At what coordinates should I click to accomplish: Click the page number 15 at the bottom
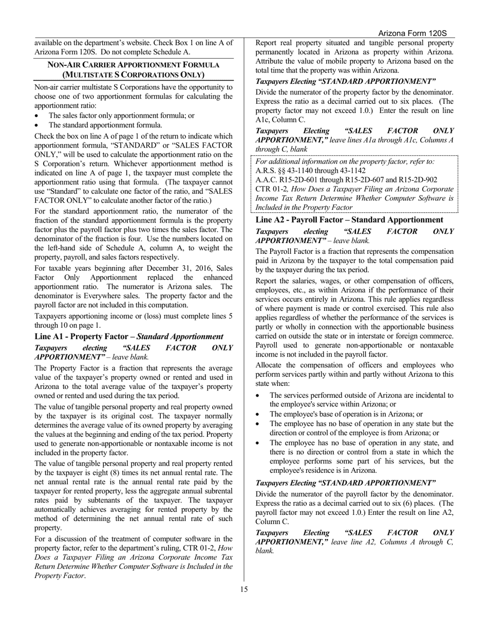click(244, 589)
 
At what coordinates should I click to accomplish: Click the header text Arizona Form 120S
click(412, 33)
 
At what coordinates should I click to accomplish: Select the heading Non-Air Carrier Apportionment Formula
click(134, 65)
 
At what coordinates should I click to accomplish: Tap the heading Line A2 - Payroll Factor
click(349, 219)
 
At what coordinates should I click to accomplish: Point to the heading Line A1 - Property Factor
click(129, 337)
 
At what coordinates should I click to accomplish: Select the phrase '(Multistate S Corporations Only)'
click(134, 75)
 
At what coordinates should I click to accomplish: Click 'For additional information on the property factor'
click(345, 161)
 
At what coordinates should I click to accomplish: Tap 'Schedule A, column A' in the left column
click(159, 248)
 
